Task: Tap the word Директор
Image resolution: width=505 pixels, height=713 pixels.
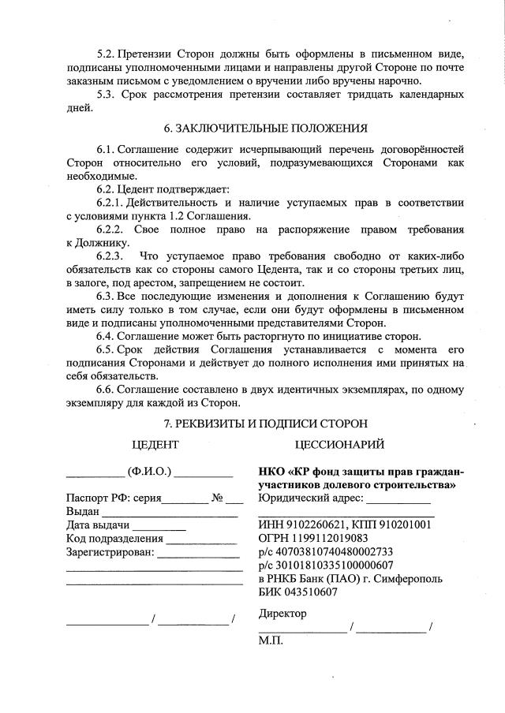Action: tap(282, 614)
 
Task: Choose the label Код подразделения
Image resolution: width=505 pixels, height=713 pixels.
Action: tap(114, 539)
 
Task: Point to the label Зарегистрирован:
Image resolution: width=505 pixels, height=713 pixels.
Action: tap(110, 553)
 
